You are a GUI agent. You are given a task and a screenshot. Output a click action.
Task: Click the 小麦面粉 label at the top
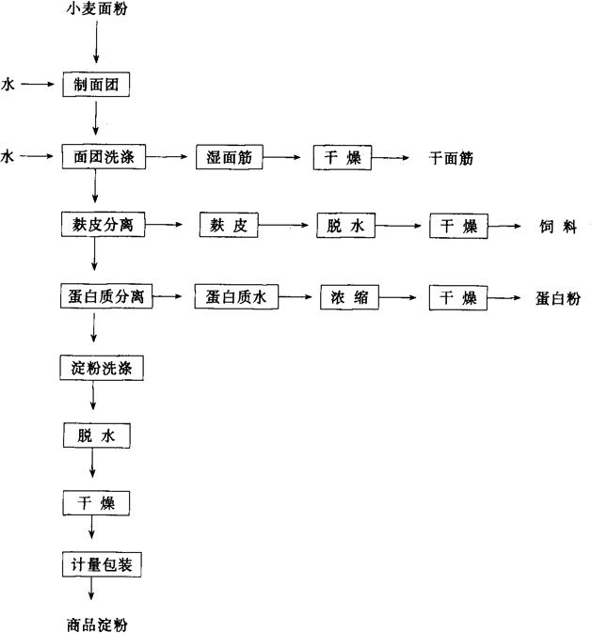97,12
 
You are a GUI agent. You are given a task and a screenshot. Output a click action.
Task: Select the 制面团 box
95,85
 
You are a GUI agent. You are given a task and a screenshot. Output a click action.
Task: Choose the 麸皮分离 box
102,226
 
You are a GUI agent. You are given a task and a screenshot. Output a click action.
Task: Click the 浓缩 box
348,298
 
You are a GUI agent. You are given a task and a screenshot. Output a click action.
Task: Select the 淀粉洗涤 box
102,368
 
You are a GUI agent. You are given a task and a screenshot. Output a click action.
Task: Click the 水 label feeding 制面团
8,85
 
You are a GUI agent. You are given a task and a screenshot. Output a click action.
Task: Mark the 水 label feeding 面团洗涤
8,156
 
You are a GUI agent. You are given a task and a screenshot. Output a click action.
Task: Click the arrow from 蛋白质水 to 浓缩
296,298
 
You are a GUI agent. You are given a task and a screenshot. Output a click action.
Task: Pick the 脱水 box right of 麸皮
344,227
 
